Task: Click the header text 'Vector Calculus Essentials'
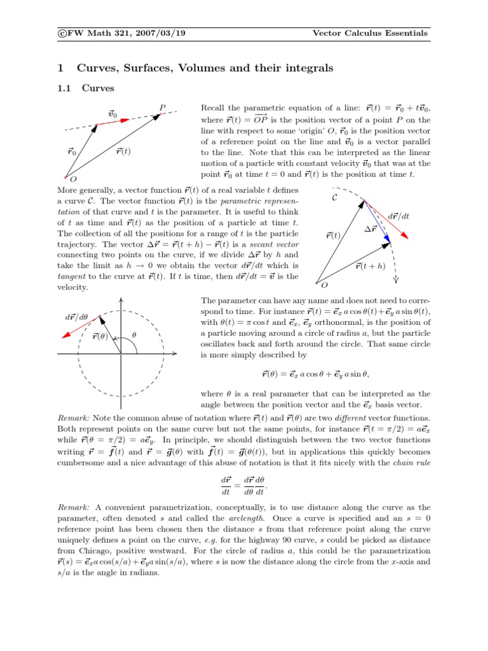pos(371,33)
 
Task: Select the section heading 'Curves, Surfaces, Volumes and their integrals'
pos(205,67)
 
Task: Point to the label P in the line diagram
pos(163,108)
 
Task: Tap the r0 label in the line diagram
pos(72,152)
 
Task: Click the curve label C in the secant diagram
pos(335,198)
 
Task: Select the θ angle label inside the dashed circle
pos(133,334)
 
